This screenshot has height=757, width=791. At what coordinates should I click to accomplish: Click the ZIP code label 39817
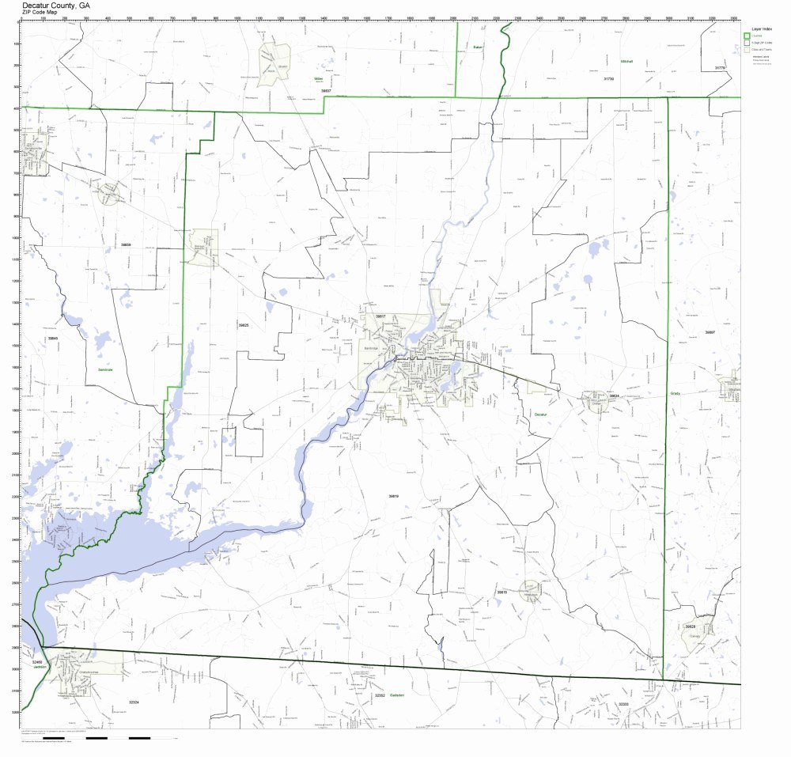380,316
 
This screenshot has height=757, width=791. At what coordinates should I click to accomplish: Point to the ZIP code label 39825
244,325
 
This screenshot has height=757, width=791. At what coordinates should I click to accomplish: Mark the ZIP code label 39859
126,245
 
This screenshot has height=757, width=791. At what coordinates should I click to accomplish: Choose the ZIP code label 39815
501,592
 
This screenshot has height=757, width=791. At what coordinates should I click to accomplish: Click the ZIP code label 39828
690,626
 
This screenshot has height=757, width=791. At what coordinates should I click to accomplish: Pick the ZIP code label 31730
608,79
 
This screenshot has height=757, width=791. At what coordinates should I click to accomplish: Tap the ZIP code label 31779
720,68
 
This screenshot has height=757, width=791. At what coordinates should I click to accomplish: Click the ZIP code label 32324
134,702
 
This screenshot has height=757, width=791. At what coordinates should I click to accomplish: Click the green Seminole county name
106,369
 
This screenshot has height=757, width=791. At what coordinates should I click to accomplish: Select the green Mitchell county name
626,61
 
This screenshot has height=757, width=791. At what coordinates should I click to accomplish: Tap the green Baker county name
478,47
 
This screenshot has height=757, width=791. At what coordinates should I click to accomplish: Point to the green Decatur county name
541,414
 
